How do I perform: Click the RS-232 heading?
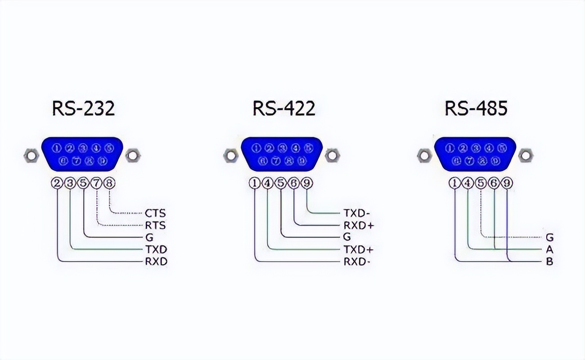tap(83, 108)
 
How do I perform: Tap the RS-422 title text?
tap(283, 108)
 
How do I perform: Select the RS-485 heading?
tap(476, 108)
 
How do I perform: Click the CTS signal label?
tap(155, 213)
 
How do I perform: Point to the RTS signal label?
tap(155, 225)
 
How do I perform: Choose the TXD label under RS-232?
tap(156, 249)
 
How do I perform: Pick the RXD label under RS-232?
tap(156, 261)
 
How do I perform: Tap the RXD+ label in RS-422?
tap(359, 225)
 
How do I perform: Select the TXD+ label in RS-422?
tap(359, 249)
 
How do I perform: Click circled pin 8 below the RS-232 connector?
tap(109, 183)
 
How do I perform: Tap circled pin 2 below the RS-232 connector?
tap(57, 183)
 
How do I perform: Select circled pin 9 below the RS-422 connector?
tap(306, 183)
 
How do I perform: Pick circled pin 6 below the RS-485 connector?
tap(494, 183)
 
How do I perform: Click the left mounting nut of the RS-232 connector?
tap(31, 156)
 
